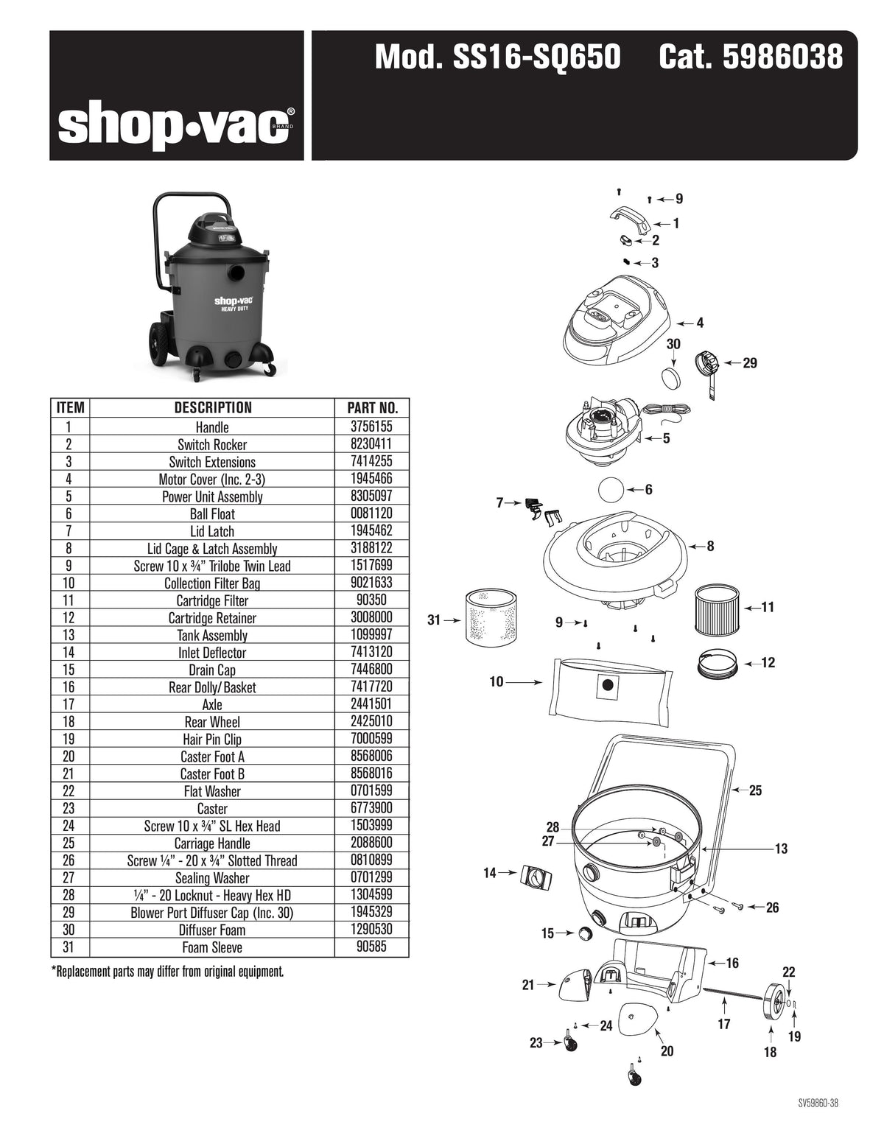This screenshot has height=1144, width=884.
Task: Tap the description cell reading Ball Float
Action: (212, 514)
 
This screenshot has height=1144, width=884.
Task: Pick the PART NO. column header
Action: (371, 408)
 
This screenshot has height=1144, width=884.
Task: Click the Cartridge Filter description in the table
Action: (212, 600)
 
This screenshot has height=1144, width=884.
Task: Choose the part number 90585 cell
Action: (371, 947)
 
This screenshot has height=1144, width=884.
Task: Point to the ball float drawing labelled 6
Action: (610, 490)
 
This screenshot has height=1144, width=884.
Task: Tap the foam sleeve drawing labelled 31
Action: (491, 617)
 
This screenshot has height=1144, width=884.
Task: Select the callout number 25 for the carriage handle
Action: (755, 791)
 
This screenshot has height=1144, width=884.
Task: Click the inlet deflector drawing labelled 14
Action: (537, 877)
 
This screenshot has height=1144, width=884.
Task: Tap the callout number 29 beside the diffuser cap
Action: (750, 363)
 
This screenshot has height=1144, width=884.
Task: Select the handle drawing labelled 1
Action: (628, 220)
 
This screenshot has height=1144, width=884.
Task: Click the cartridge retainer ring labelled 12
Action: (718, 662)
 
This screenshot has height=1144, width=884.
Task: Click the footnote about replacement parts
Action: (167, 972)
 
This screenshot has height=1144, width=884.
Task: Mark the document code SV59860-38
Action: (818, 1103)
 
